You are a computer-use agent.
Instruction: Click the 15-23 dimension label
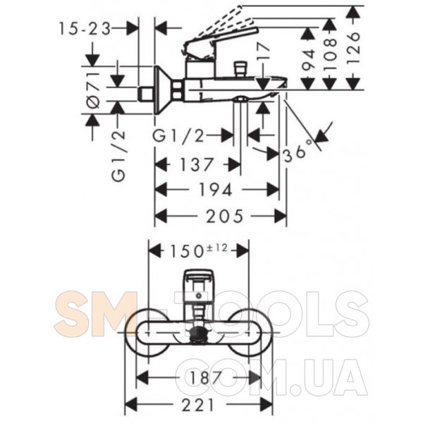[x=85, y=29]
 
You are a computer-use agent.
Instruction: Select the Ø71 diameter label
[x=93, y=90]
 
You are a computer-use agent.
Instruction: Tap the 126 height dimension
[x=354, y=48]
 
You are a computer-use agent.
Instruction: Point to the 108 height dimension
[x=330, y=54]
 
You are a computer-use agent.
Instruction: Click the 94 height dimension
[x=308, y=60]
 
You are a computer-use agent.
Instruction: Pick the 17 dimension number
[x=264, y=51]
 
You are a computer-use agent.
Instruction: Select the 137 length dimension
[x=197, y=164]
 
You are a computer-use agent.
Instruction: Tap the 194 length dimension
[x=215, y=190]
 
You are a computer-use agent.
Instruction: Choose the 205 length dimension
[x=224, y=216]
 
